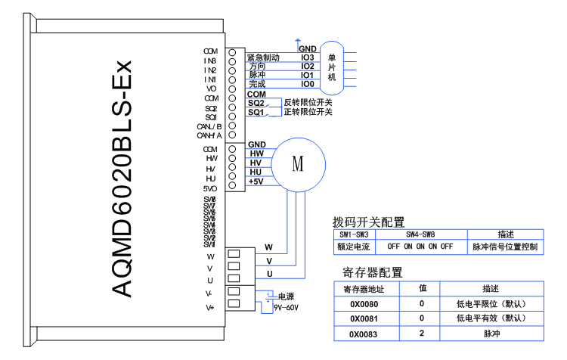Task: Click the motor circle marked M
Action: click(x=297, y=163)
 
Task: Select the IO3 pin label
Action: click(x=308, y=57)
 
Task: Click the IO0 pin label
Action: click(x=308, y=84)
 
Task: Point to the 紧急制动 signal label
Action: click(x=265, y=57)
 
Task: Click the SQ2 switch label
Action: click(x=256, y=103)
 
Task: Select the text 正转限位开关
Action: click(x=308, y=112)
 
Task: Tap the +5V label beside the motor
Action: click(x=256, y=182)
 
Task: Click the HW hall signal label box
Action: click(x=256, y=154)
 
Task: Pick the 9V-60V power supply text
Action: click(x=286, y=308)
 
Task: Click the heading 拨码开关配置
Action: click(x=368, y=222)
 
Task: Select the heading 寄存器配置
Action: click(x=373, y=272)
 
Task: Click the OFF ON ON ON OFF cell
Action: click(x=419, y=247)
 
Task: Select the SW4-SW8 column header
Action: click(x=419, y=234)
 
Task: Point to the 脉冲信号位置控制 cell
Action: click(x=505, y=247)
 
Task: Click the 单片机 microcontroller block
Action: click(x=332, y=68)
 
